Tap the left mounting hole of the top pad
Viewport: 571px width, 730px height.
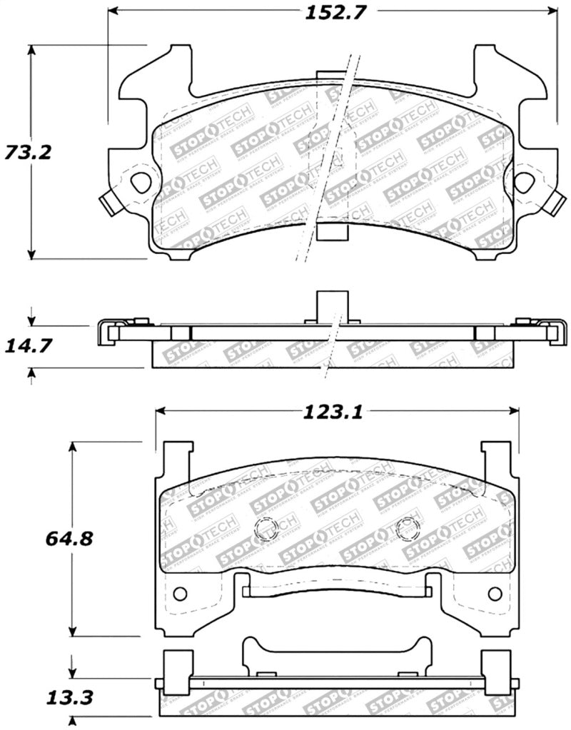click(143, 181)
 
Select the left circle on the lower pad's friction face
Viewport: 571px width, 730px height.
click(266, 528)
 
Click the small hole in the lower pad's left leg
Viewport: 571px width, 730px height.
click(180, 594)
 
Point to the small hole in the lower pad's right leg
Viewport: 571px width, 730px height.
click(494, 594)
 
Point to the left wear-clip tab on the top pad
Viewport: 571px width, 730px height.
click(108, 204)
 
